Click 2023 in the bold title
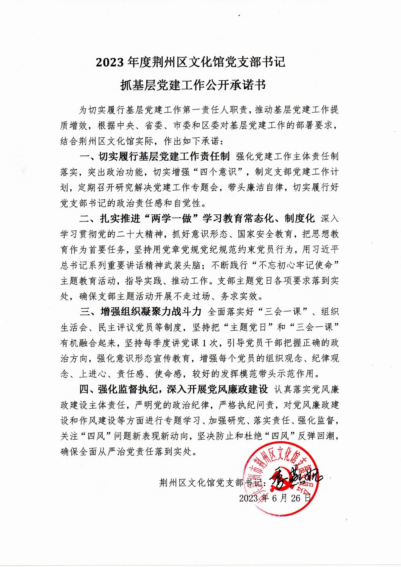[110, 62]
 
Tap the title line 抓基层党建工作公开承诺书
[193, 85]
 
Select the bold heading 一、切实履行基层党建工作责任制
[155, 157]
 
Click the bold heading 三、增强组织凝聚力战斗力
[141, 312]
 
